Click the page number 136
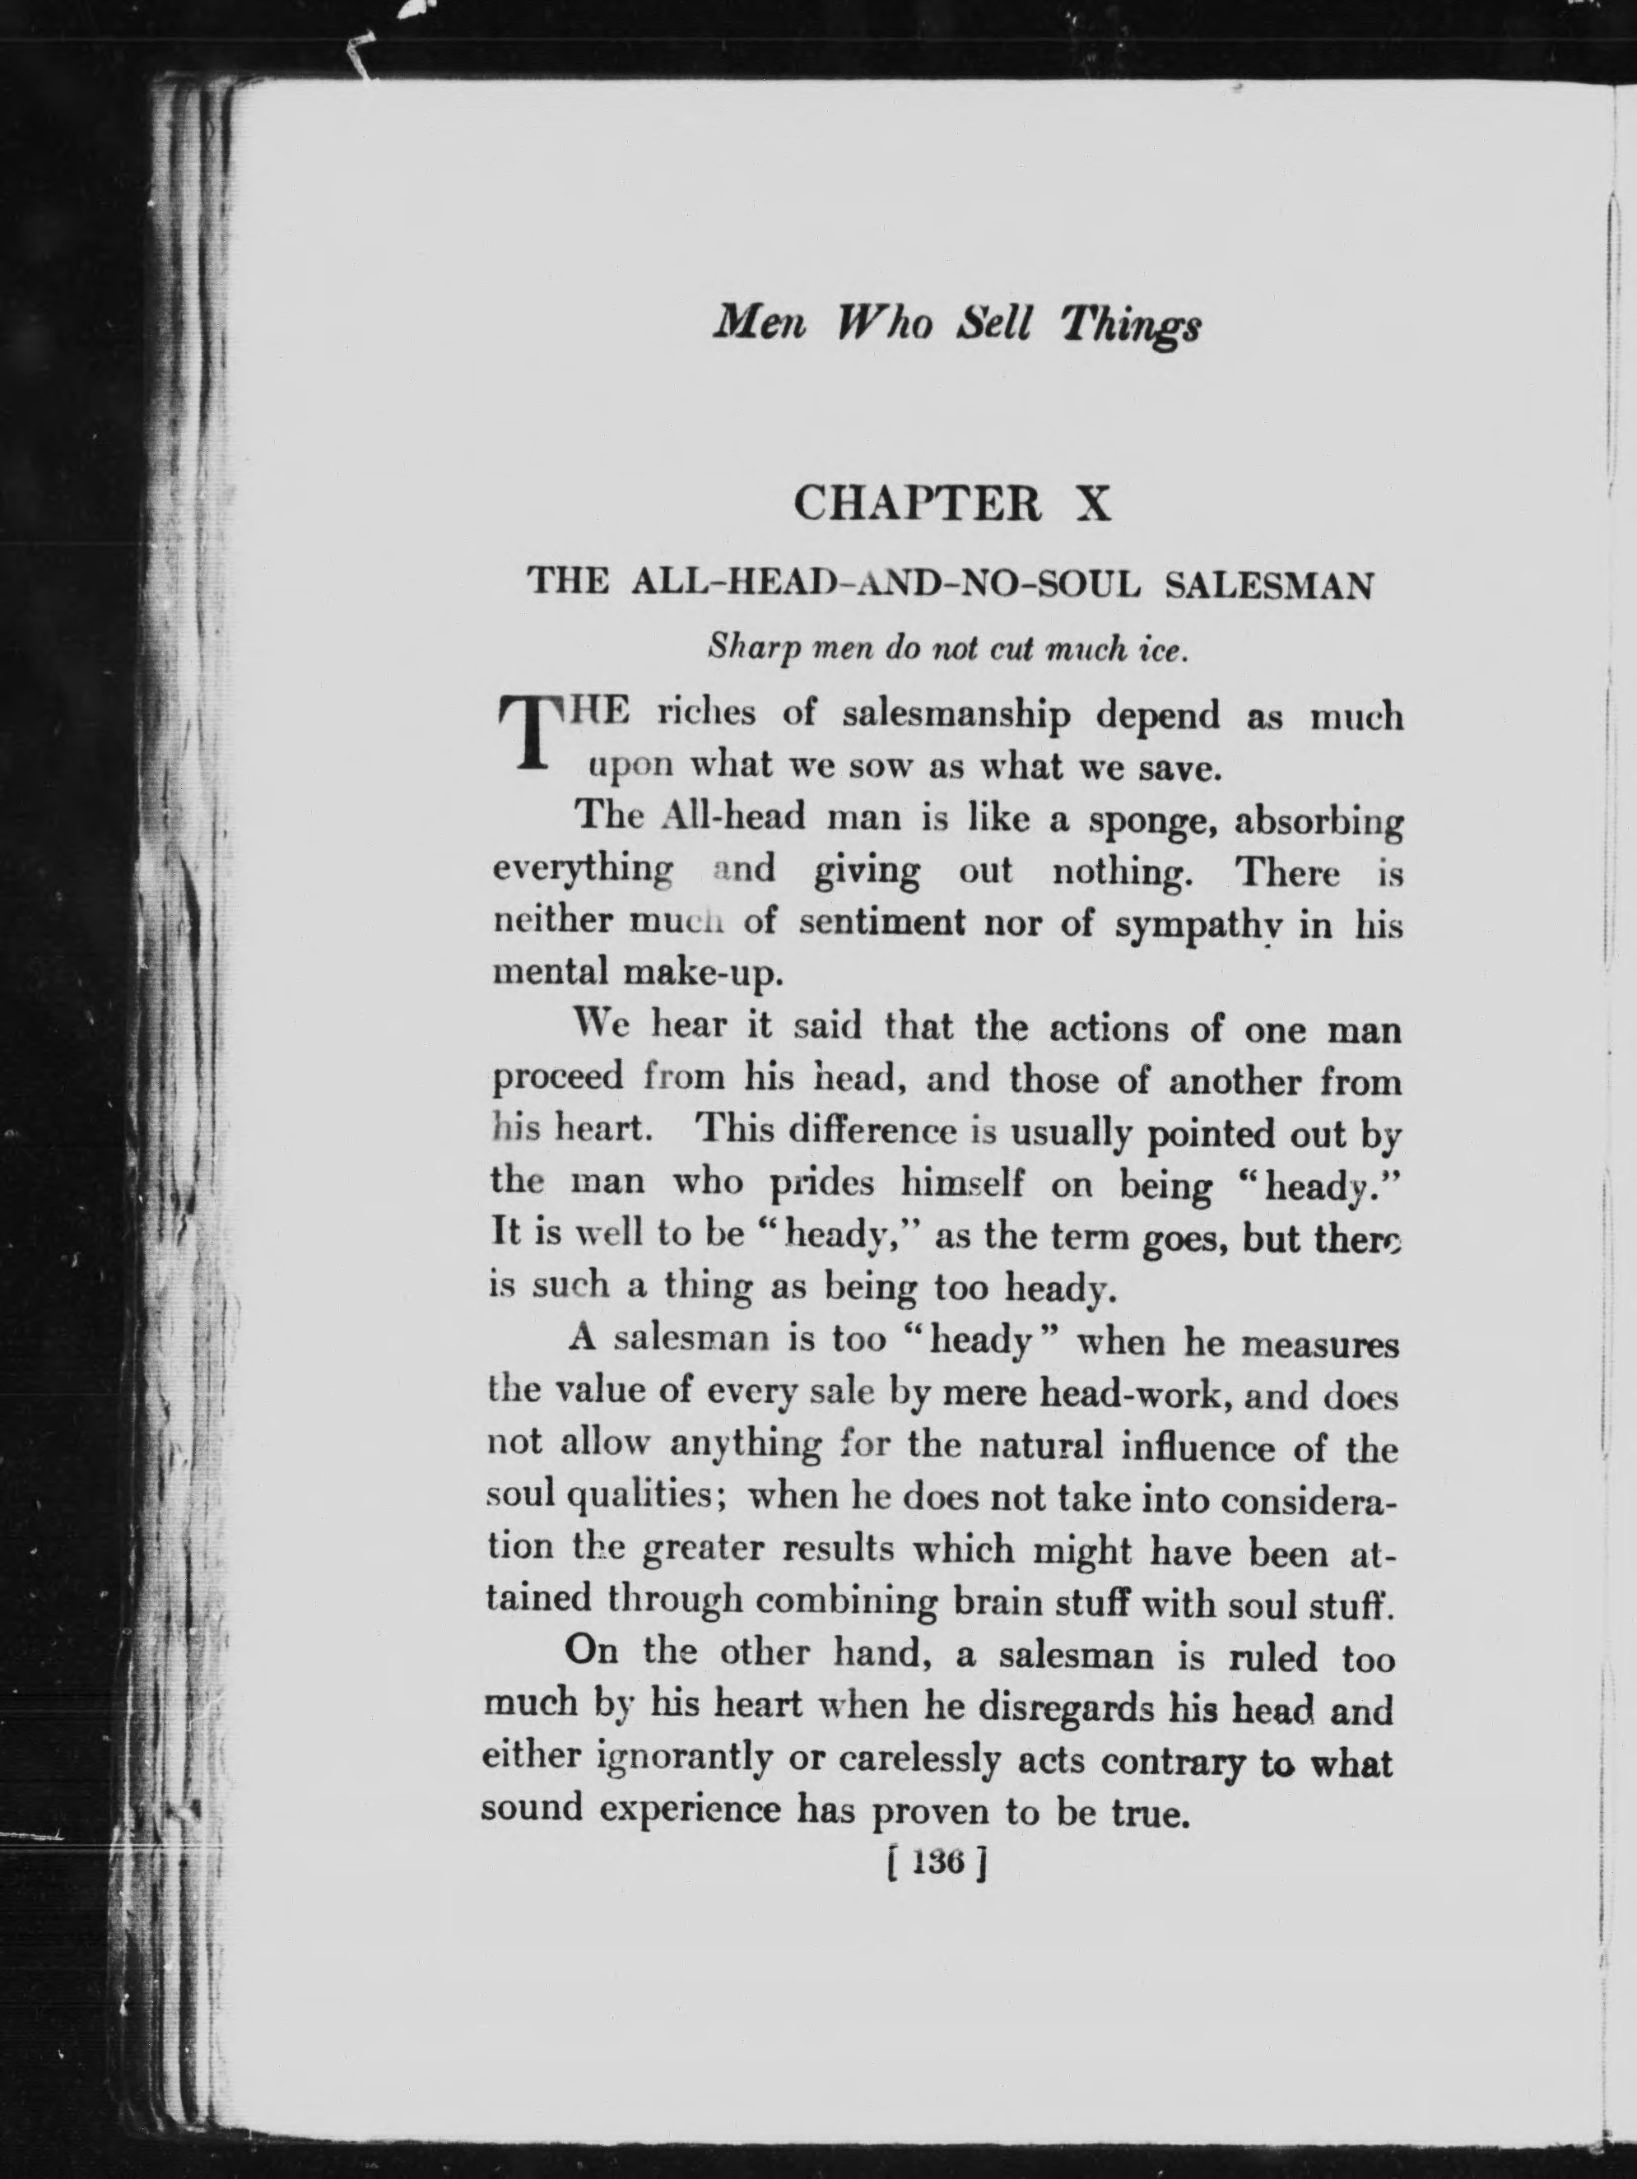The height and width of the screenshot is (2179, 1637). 935,1863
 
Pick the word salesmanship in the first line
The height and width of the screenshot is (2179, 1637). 956,716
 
